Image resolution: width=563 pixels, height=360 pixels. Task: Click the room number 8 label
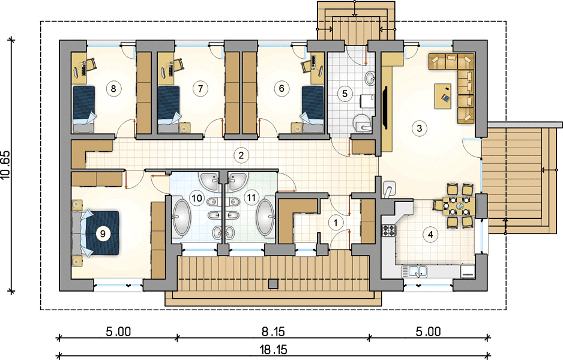click(x=113, y=88)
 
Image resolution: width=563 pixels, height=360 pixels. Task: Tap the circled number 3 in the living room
click(x=420, y=128)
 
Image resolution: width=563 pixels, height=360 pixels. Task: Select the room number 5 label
click(x=345, y=94)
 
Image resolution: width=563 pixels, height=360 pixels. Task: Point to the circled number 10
click(x=197, y=198)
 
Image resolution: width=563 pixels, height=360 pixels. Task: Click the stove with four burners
click(x=388, y=230)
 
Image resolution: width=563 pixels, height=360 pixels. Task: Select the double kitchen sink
click(x=414, y=271)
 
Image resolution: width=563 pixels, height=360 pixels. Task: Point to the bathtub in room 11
click(x=265, y=218)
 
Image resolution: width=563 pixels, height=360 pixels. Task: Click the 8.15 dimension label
click(x=273, y=332)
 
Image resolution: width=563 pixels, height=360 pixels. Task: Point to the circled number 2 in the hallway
click(x=241, y=155)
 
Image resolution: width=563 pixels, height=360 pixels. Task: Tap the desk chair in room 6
click(x=308, y=65)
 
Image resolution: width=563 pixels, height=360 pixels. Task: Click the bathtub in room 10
click(x=181, y=218)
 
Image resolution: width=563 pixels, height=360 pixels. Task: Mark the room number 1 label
click(x=336, y=223)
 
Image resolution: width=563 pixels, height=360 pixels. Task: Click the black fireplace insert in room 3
click(x=385, y=107)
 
